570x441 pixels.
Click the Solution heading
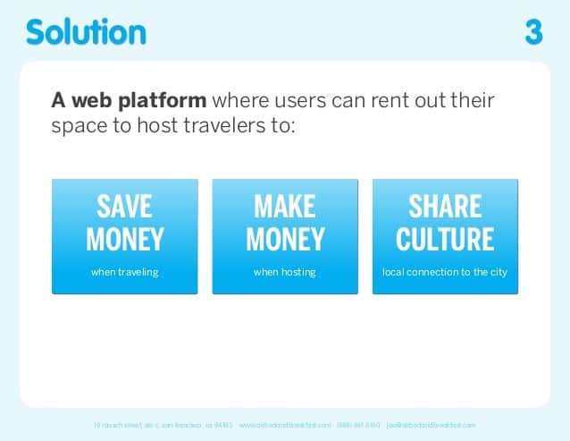pos(86,32)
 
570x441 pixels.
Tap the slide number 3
pos(533,33)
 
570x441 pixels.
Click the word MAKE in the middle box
pos(285,208)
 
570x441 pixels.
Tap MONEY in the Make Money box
pos(285,240)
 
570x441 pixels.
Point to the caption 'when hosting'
pos(285,272)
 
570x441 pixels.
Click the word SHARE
pos(445,208)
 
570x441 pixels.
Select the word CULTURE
pos(445,240)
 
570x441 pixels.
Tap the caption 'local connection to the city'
pos(445,272)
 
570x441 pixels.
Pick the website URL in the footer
pos(285,424)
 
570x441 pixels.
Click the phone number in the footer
pos(359,424)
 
